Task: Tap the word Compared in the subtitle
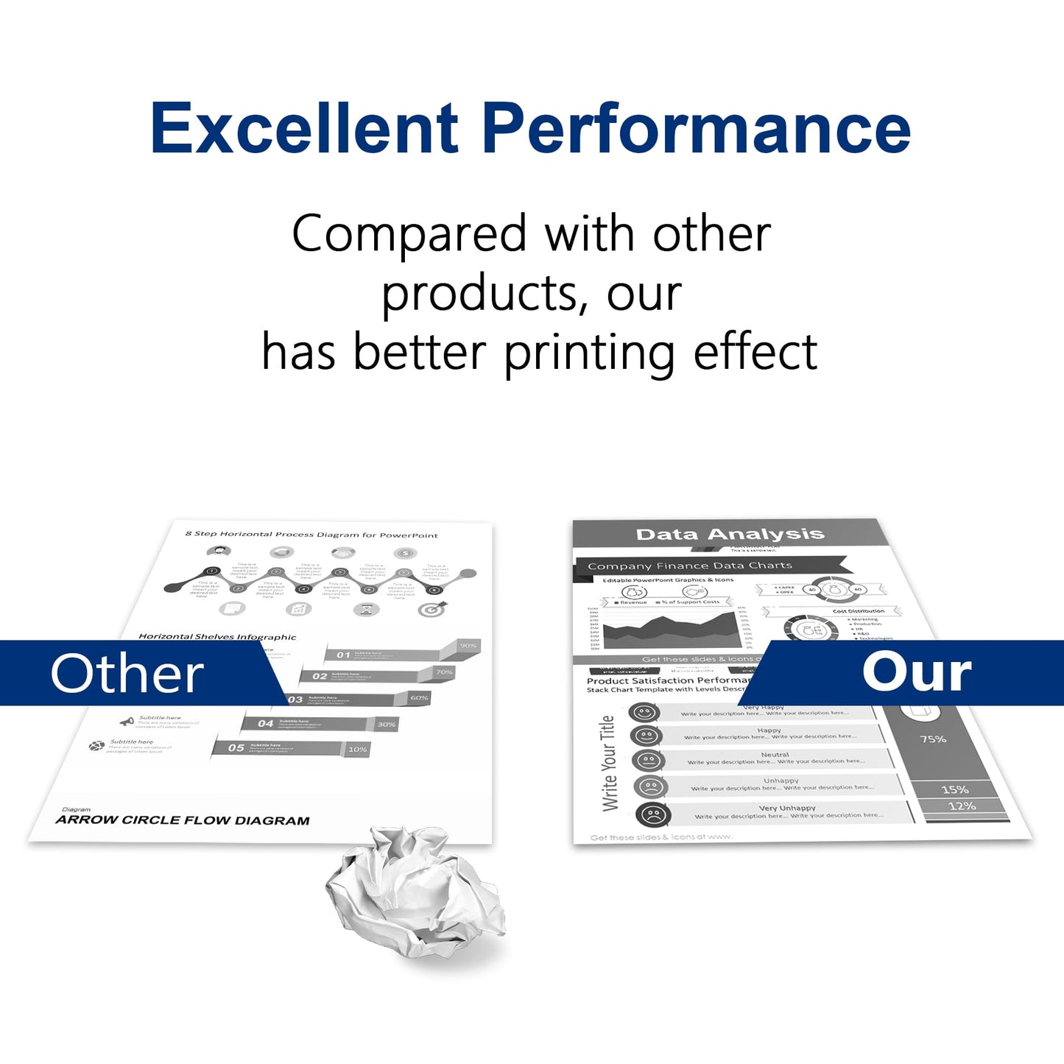409,234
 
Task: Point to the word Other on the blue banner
127,674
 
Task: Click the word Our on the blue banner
917,672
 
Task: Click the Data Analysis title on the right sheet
730,534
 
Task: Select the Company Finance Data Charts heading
690,566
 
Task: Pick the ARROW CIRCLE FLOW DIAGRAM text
183,820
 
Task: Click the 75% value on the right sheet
933,739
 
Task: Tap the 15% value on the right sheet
955,789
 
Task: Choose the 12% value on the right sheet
962,806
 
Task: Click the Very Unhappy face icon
652,815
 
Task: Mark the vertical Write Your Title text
608,763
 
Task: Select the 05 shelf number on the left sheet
236,748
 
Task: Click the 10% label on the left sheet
357,750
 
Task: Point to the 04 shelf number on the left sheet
265,724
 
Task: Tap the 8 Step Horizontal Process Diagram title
311,535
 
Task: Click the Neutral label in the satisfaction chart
775,755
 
